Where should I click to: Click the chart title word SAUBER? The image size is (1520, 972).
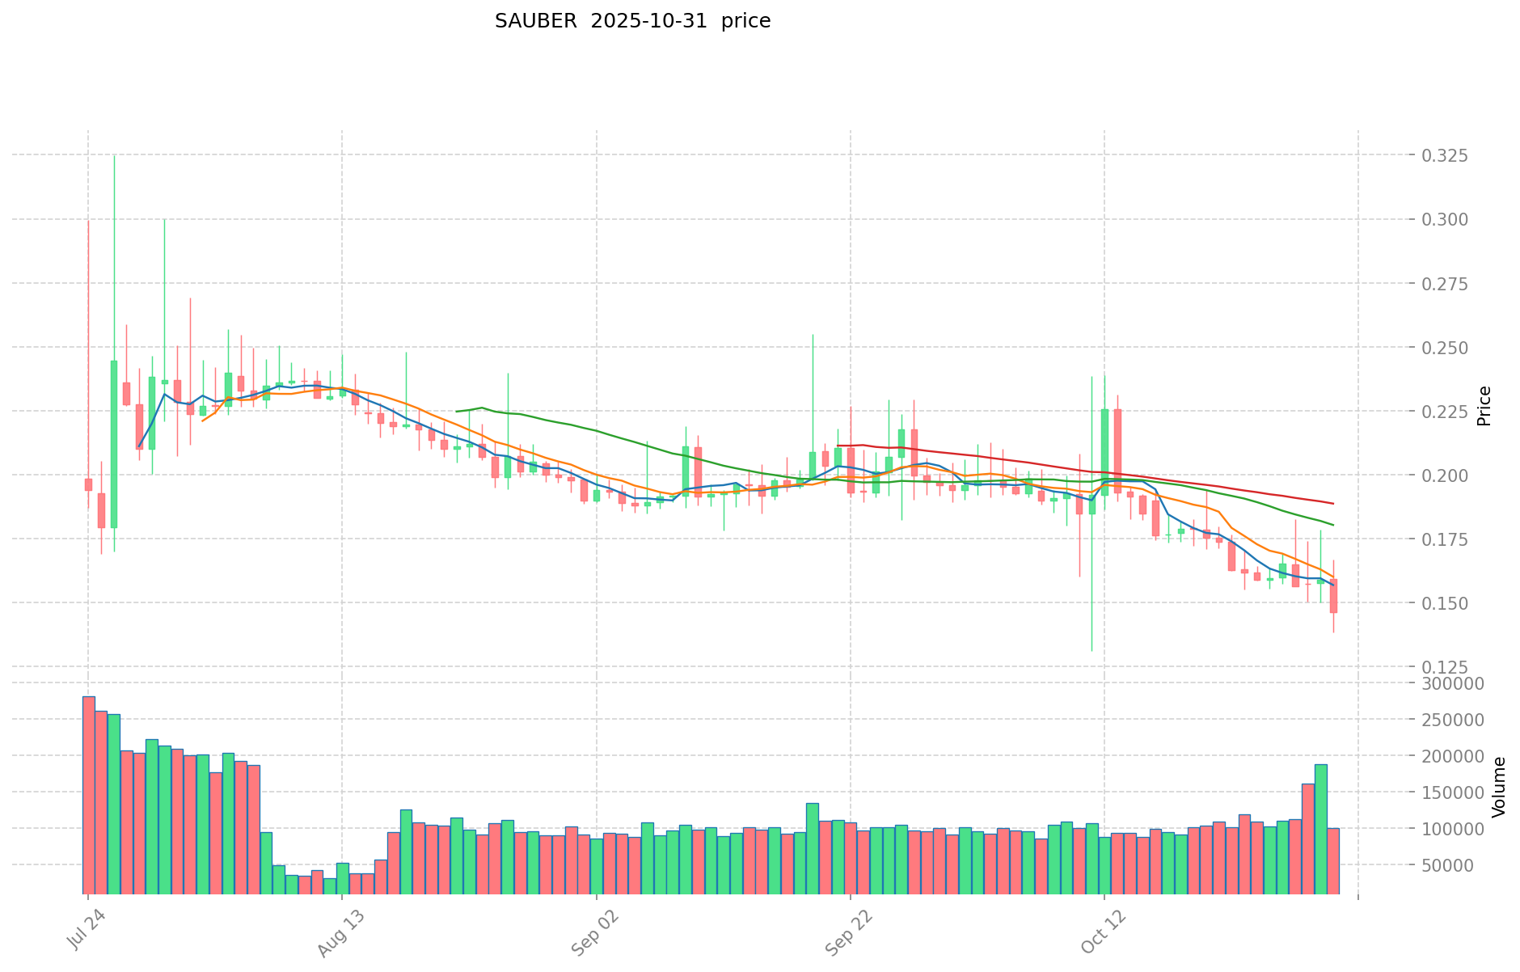[x=536, y=22]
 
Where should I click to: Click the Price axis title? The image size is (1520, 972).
[x=1484, y=406]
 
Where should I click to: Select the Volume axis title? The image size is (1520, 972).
[x=1500, y=786]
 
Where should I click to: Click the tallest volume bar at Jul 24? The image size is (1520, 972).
[x=89, y=794]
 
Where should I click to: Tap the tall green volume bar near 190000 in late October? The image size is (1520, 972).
[x=1320, y=828]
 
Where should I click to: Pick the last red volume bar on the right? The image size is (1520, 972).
[x=1333, y=860]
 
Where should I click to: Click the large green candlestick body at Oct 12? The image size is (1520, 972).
[x=1104, y=452]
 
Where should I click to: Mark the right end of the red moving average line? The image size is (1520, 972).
[x=1333, y=503]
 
